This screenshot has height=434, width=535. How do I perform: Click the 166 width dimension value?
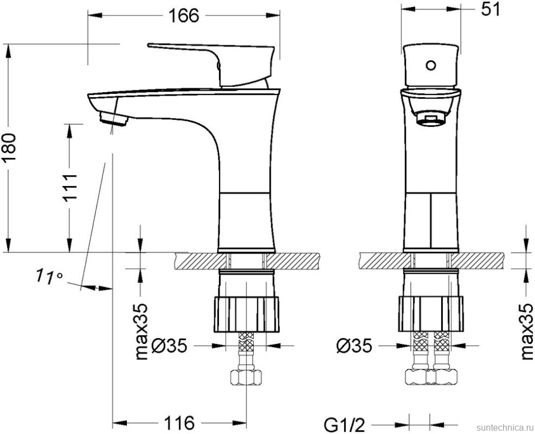tap(183, 15)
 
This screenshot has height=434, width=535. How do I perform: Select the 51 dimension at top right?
tap(490, 10)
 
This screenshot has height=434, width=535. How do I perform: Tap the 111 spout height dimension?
tap(71, 188)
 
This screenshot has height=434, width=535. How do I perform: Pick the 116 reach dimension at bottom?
tap(179, 424)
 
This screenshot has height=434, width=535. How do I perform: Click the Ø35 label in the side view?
tap(168, 346)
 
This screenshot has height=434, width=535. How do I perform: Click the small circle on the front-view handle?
tap(431, 66)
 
